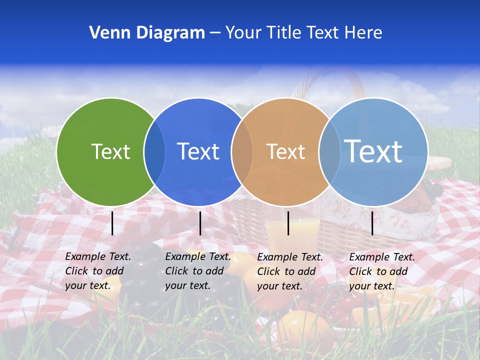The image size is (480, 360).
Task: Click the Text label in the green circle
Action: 110,151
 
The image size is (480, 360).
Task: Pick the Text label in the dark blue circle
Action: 198,151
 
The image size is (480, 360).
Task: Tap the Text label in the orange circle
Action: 285,151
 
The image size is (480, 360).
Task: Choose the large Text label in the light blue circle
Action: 373,151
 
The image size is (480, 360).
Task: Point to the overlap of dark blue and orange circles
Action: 241,151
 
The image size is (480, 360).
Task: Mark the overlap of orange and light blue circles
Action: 329,151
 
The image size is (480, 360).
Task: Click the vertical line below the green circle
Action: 112,223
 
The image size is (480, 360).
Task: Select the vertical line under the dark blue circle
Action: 200,223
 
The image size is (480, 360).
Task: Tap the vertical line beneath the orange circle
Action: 288,223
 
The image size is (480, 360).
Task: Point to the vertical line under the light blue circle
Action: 372,223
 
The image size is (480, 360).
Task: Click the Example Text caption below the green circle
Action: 97,271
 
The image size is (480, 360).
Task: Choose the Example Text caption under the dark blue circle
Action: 197,271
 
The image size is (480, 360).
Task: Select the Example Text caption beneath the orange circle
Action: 289,271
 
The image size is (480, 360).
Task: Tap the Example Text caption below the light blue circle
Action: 381,271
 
